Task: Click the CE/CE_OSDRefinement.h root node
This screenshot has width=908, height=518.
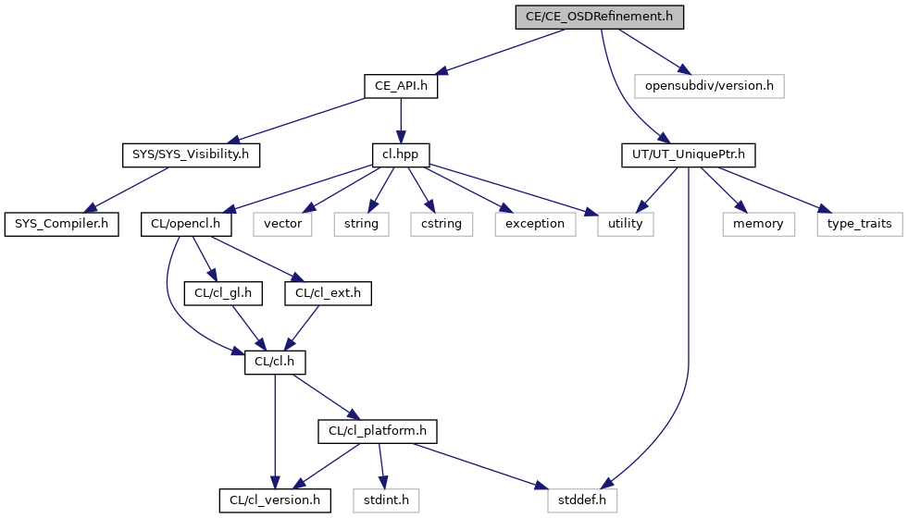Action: [600, 17]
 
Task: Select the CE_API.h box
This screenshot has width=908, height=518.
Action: [401, 86]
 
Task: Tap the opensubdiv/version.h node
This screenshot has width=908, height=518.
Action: [709, 86]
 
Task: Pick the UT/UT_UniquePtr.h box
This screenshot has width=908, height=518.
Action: [689, 155]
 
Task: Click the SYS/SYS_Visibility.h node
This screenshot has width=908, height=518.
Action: [191, 155]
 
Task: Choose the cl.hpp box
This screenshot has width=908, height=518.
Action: [400, 155]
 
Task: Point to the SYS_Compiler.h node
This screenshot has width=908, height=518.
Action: [61, 224]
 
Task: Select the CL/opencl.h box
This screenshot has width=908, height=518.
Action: [186, 224]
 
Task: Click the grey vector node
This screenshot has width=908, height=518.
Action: [282, 224]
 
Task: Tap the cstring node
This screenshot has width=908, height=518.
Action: [442, 224]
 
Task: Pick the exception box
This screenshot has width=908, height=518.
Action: [535, 224]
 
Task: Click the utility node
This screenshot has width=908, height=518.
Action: [626, 224]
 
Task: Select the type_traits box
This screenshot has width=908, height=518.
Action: [860, 224]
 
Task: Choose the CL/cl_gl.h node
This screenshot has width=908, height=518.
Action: [223, 293]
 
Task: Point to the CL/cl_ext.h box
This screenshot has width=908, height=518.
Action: [328, 293]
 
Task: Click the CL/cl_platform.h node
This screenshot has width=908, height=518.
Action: [378, 431]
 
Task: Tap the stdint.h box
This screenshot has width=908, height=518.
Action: [386, 500]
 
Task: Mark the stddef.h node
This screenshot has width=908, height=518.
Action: [582, 500]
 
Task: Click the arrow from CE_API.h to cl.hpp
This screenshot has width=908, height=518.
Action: [401, 120]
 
